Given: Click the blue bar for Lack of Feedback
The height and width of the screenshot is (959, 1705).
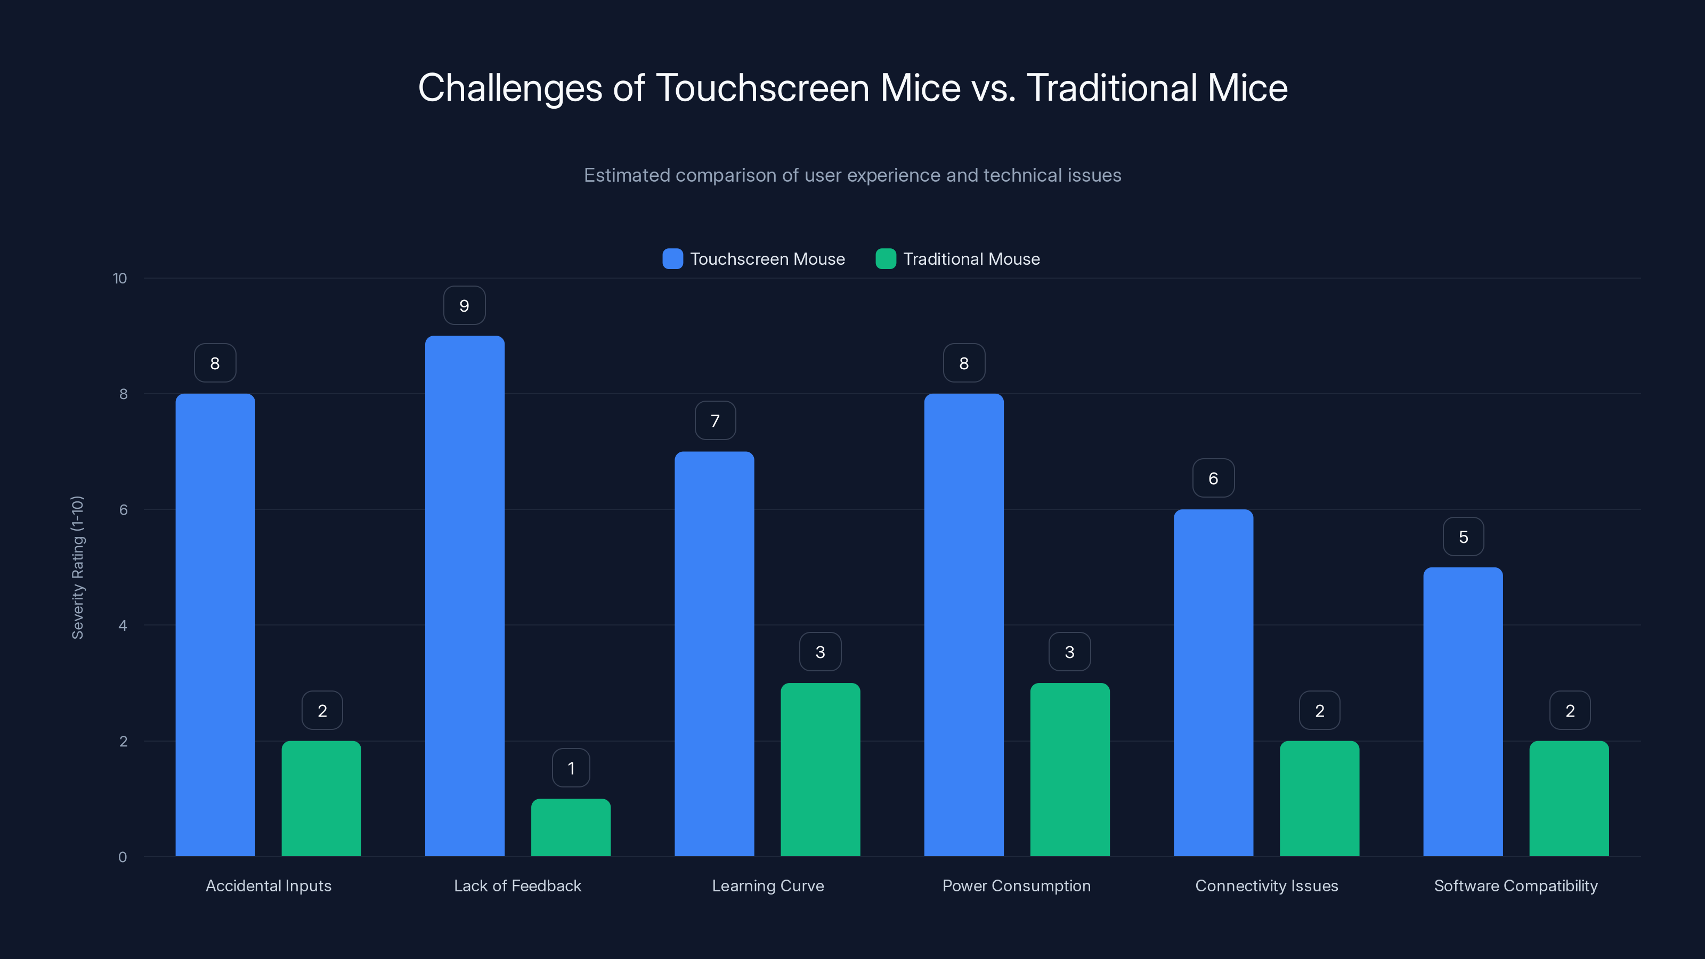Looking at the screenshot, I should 465,596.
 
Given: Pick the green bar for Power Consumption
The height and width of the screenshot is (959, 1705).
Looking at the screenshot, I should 1069,770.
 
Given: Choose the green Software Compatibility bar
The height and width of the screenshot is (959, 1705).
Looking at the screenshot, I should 1569,798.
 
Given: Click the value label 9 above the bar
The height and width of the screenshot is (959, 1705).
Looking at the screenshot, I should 464,306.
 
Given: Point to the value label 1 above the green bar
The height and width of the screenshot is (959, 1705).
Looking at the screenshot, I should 571,768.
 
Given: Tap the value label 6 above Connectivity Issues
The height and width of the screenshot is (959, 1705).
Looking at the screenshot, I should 1213,478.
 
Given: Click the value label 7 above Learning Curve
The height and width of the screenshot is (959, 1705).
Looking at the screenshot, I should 715,420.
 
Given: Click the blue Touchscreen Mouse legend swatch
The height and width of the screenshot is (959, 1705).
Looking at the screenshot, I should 672,259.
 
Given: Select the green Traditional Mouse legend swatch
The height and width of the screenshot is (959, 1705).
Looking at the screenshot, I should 886,259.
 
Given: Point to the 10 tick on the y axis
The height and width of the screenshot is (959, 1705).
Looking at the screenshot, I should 120,278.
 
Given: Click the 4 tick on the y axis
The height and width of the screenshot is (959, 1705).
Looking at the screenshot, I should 123,625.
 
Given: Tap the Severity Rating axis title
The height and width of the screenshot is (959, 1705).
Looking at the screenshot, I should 77,567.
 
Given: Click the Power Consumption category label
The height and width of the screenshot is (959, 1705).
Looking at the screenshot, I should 1016,885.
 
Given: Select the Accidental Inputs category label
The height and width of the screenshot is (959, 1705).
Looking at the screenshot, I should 268,885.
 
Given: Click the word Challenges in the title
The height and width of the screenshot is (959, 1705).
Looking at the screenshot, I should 510,88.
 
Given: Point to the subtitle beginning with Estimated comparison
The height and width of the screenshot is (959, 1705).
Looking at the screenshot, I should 852,175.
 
